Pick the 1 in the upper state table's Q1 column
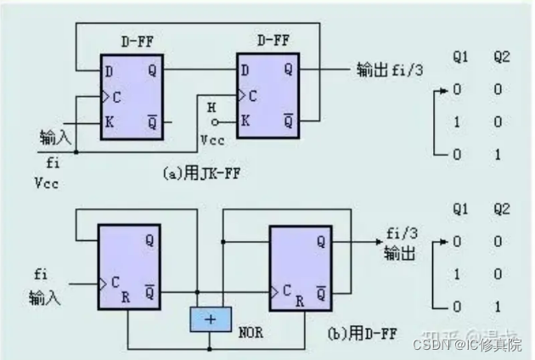coord(459,122)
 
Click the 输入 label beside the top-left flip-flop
coord(55,137)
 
